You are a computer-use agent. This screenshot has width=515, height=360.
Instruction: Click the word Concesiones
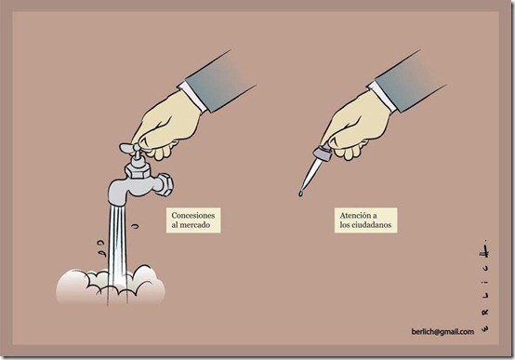point(193,216)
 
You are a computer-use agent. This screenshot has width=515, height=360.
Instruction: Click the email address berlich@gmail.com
point(442,331)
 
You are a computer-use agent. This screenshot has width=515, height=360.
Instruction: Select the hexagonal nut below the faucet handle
point(138,170)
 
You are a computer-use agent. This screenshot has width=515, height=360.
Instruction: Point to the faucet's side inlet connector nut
point(165,184)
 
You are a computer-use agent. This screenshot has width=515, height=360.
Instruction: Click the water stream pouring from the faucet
point(117,250)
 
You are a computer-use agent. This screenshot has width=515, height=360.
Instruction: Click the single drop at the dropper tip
point(300,193)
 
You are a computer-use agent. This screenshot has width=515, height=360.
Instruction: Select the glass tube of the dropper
point(311,176)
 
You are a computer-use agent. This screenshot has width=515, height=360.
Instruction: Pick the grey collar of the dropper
point(323,153)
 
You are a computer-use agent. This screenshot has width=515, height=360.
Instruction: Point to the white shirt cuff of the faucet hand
point(192,97)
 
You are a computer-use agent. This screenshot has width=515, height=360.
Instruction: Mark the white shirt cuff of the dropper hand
point(382,97)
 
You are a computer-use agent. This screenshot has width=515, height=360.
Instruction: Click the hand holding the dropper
point(356,126)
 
